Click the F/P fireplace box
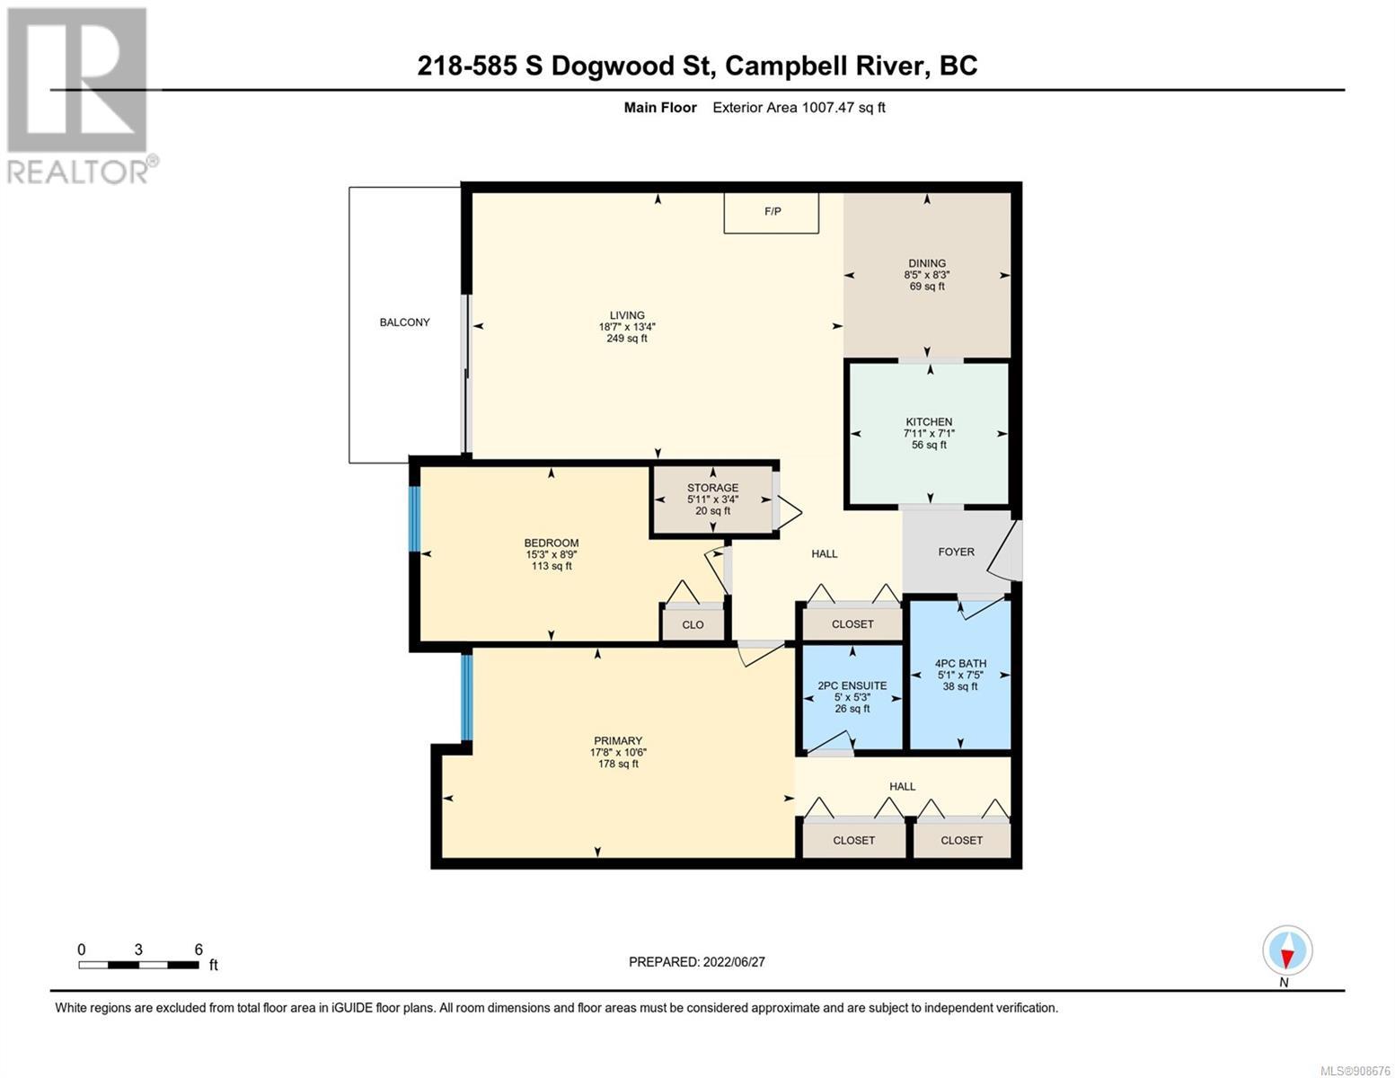(x=771, y=213)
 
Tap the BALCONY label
(x=404, y=323)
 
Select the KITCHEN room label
(x=928, y=422)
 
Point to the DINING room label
(x=926, y=263)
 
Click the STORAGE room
(x=712, y=499)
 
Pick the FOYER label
(x=956, y=552)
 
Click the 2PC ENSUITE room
(x=852, y=696)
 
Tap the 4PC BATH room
(x=960, y=675)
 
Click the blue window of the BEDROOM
(x=414, y=518)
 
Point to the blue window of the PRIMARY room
(x=467, y=696)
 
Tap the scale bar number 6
(x=199, y=950)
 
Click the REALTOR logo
(x=80, y=96)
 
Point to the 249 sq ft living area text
(x=627, y=339)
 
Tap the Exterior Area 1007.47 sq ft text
(x=799, y=108)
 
